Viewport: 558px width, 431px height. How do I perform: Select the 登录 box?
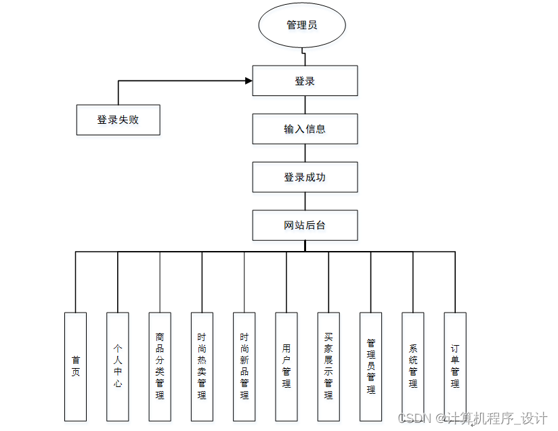click(x=305, y=81)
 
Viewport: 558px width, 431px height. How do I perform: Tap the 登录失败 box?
click(x=118, y=120)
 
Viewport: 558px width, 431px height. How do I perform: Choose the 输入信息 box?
click(x=305, y=129)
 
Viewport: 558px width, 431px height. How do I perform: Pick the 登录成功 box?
click(x=305, y=177)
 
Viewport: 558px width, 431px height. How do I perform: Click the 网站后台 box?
click(x=305, y=225)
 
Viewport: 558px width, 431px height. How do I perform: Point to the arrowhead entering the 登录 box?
click(x=249, y=81)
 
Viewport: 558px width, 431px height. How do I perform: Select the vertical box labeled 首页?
click(x=75, y=366)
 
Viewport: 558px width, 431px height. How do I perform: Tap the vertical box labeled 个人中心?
click(x=118, y=366)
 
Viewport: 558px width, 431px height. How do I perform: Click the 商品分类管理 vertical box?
click(x=160, y=366)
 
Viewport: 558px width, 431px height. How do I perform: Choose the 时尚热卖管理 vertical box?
click(x=202, y=366)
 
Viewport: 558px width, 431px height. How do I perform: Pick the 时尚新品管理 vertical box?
click(x=244, y=366)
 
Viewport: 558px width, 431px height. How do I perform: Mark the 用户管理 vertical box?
click(x=286, y=366)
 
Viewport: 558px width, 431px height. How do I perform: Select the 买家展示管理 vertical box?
click(x=328, y=366)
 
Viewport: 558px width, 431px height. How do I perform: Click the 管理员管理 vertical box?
click(x=370, y=366)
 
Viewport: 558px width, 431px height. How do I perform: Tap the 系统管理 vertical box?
click(x=412, y=366)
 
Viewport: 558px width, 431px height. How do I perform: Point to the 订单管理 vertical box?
click(x=455, y=366)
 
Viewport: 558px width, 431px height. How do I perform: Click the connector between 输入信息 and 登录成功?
click(x=305, y=153)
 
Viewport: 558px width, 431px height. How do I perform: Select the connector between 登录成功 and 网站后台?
click(x=305, y=201)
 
